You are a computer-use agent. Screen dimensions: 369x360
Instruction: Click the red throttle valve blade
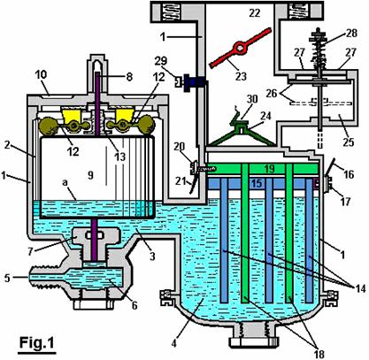[240, 47]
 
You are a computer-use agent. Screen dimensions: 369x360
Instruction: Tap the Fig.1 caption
[37, 342]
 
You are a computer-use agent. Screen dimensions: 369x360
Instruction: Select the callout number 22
[255, 13]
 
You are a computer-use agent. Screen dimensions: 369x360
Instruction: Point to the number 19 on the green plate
[269, 169]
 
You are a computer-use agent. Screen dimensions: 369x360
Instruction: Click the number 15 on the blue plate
[257, 183]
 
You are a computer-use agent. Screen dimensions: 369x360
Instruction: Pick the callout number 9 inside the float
[90, 175]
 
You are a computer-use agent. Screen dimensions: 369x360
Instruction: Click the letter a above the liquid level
[65, 182]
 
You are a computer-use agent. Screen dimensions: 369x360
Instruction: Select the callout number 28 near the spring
[350, 33]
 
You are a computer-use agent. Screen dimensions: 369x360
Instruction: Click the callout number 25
[348, 142]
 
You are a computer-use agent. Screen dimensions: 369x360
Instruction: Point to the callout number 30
[252, 99]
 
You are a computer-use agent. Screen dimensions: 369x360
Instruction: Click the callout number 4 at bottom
[174, 343]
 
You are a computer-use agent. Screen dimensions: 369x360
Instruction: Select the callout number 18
[319, 354]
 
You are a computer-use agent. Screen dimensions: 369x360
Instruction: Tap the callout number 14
[360, 288]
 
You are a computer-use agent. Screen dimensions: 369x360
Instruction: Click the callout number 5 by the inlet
[7, 278]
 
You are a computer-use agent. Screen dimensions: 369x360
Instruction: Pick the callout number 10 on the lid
[41, 74]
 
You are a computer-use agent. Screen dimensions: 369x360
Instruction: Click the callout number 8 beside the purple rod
[129, 77]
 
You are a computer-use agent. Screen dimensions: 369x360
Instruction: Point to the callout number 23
[241, 76]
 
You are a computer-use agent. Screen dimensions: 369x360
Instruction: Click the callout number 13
[119, 157]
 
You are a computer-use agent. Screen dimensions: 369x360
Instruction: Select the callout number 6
[135, 305]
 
